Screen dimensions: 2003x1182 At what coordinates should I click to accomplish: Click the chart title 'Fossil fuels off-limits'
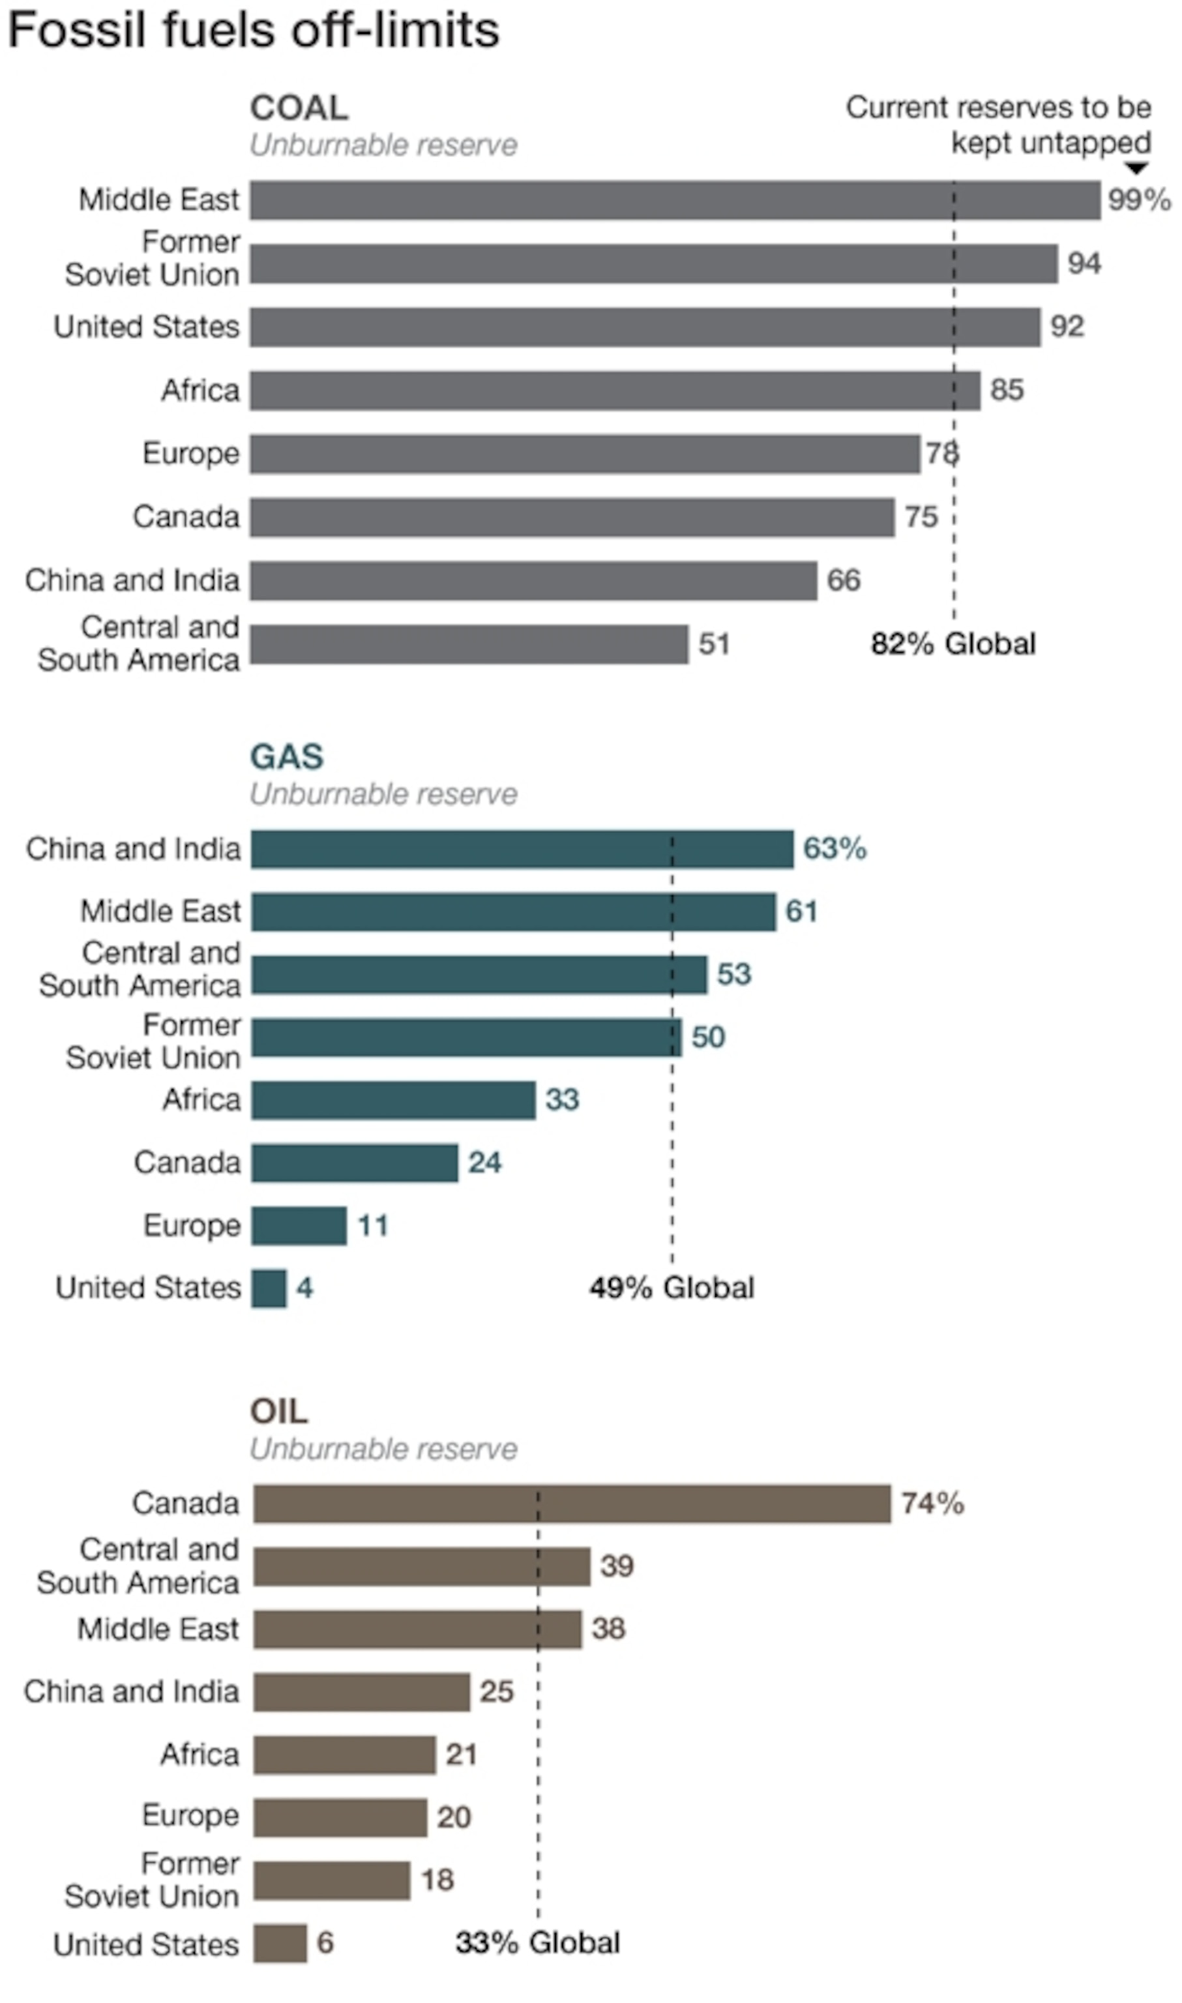[253, 30]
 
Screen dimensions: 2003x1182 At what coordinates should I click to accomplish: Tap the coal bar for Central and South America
[469, 644]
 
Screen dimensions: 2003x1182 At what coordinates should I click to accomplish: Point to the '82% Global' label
[953, 644]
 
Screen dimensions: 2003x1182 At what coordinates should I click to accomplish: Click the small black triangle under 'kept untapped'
[1136, 168]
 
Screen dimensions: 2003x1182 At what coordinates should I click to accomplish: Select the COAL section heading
[299, 108]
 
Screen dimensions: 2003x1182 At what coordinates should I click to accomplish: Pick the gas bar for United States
[269, 1288]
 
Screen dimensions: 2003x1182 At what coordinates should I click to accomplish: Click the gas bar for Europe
[299, 1225]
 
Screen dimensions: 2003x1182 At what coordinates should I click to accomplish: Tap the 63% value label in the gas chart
[834, 848]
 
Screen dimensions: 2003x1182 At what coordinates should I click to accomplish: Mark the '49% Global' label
[672, 1288]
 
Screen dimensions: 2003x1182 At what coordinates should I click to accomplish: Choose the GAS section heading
[287, 756]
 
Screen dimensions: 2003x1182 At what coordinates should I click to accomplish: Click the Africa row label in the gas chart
[201, 1100]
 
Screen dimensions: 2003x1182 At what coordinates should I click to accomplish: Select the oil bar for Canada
[572, 1504]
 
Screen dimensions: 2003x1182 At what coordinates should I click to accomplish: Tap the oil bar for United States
[280, 1943]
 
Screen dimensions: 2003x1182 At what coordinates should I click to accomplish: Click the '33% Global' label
[538, 1943]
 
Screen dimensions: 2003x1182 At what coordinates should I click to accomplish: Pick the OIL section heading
[279, 1412]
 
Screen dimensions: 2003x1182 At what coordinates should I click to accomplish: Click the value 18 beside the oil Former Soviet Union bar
[437, 1880]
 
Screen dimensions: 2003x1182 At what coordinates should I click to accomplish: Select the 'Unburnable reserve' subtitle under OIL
[384, 1449]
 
